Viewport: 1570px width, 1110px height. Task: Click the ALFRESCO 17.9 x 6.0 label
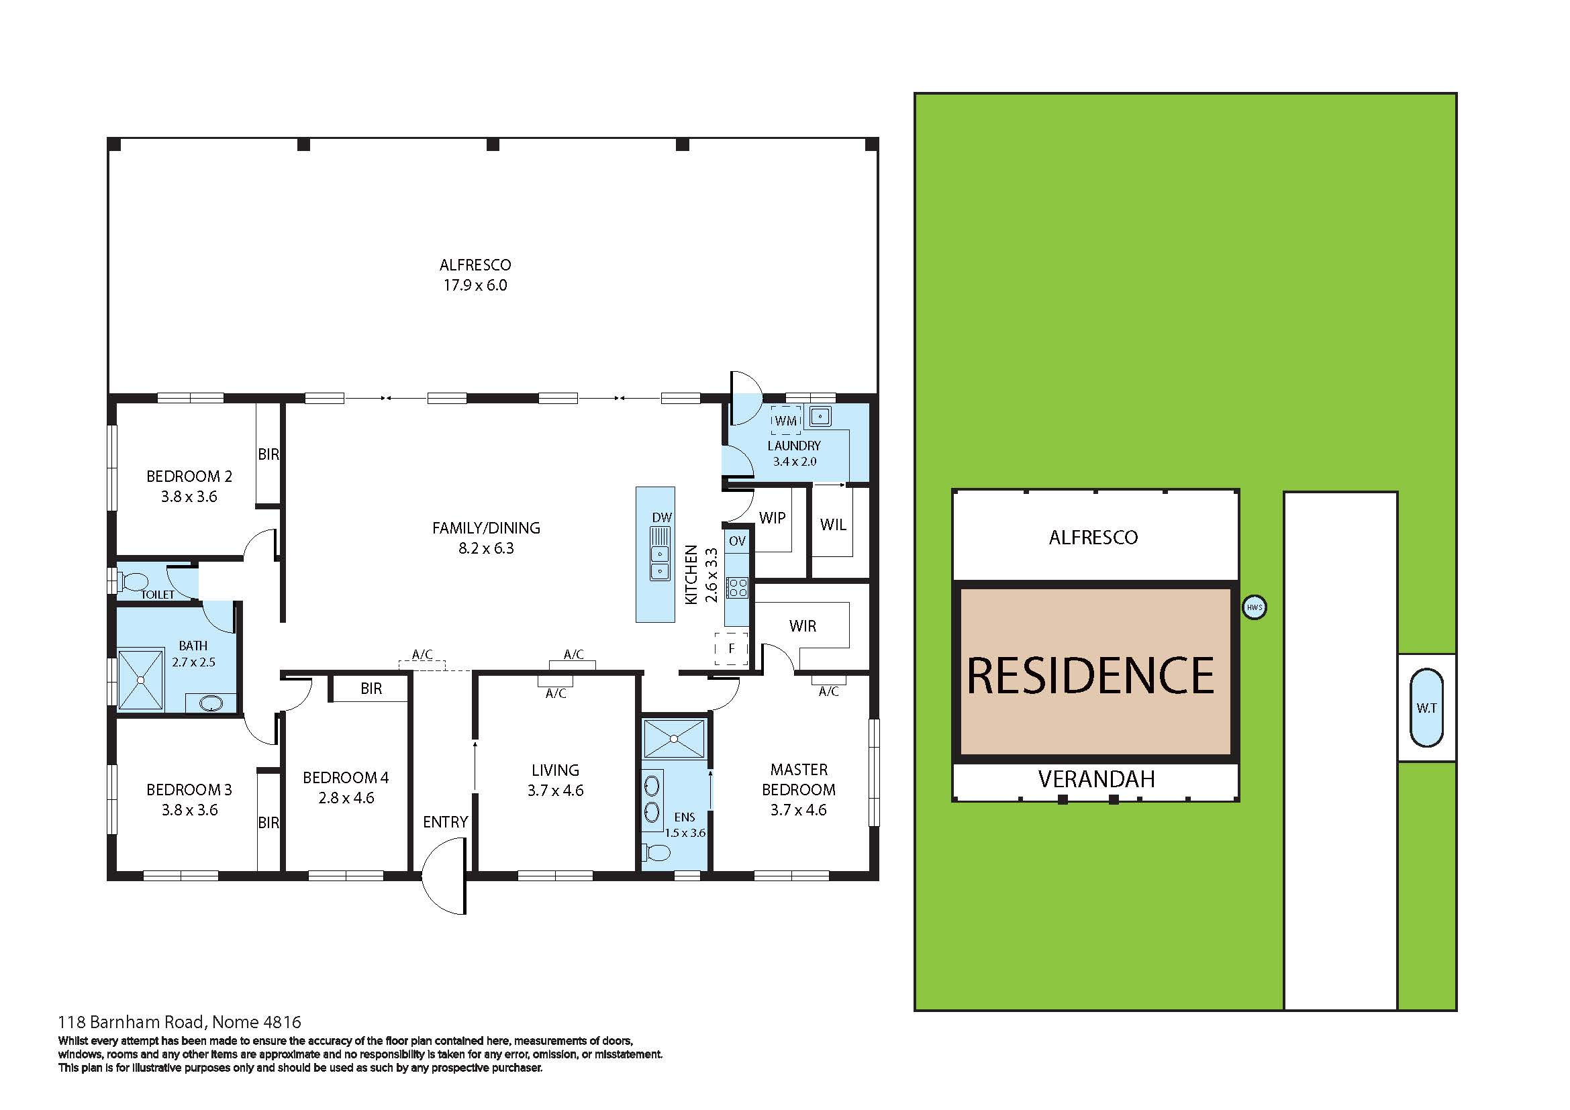coord(475,274)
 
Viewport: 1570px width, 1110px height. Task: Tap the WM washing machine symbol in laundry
coord(785,421)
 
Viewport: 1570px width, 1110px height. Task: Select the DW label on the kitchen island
coord(661,517)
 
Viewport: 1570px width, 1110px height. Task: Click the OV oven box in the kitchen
coord(736,541)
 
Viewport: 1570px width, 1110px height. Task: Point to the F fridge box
coord(731,649)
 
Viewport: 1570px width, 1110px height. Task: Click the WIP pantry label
coord(772,518)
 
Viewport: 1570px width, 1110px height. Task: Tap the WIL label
coord(833,525)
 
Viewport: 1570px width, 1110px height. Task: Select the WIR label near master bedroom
coord(802,626)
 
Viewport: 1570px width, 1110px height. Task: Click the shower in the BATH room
coord(141,680)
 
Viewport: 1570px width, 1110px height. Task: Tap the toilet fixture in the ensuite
coord(657,852)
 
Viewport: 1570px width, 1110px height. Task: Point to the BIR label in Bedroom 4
coord(371,689)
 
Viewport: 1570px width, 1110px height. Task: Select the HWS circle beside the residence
coord(1253,607)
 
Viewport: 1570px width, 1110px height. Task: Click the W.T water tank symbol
coord(1426,708)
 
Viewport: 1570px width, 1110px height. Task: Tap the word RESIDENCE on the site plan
coord(1090,676)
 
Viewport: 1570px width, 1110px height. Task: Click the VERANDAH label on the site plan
coord(1095,779)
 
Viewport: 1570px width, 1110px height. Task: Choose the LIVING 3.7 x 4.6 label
coord(555,780)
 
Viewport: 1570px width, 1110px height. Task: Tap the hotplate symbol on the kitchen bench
coord(737,588)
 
